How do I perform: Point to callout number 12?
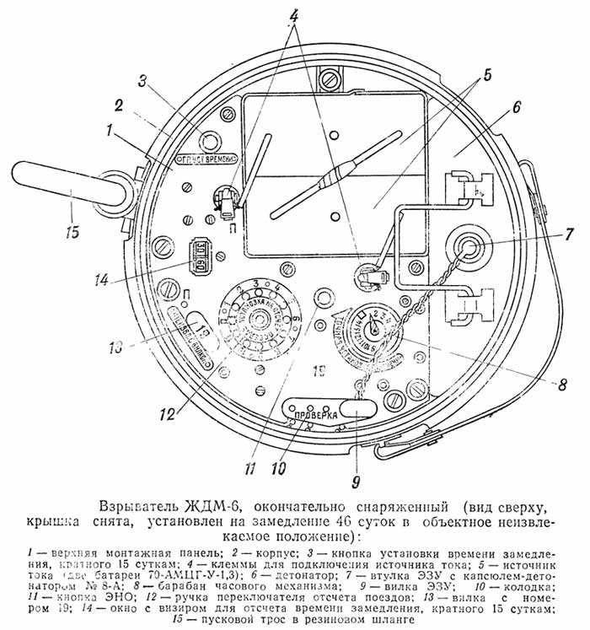(168, 413)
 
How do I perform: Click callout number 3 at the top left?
(144, 81)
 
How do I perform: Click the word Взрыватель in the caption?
(137, 507)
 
